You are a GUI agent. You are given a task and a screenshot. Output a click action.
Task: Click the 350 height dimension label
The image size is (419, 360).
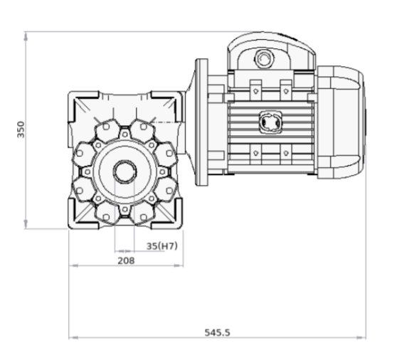(21, 129)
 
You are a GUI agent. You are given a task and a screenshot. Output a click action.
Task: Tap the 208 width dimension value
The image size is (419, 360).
(126, 260)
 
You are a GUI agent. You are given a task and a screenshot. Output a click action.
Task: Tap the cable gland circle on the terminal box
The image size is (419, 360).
(264, 55)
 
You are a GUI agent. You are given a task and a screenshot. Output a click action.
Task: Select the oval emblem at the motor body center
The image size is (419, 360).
(269, 122)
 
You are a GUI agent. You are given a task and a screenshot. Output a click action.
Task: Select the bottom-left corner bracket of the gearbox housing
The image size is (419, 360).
(80, 217)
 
